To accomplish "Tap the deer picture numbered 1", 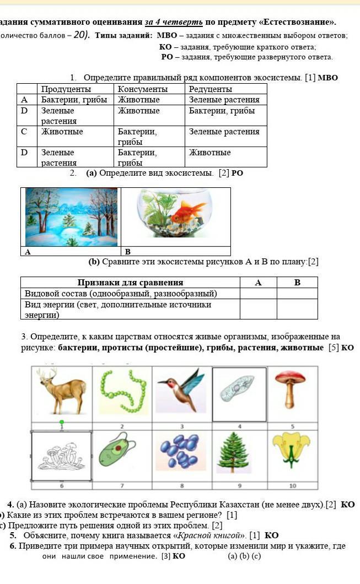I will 62,392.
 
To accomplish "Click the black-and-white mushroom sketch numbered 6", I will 61,456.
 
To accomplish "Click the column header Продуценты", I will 66,89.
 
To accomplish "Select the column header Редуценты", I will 210,89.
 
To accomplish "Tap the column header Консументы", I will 143,89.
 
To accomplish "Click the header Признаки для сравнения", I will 130,283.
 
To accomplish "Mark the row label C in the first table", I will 24,132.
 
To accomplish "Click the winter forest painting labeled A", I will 71,217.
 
